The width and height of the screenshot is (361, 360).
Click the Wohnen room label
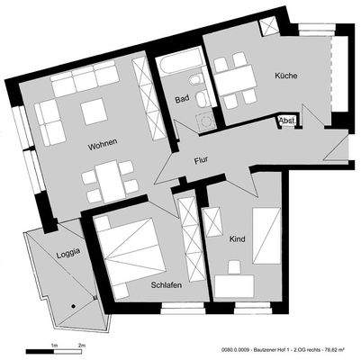tap(103, 145)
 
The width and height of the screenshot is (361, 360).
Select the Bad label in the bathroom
tap(181, 99)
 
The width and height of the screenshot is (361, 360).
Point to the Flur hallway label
tap(203, 161)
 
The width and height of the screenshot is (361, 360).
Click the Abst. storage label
tap(288, 120)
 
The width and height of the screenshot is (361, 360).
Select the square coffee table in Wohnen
tap(94, 112)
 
